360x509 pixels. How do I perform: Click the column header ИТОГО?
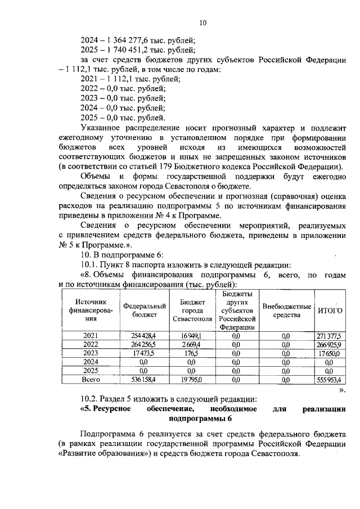(330, 311)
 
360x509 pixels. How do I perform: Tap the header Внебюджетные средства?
(287, 310)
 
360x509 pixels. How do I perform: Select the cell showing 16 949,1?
(191, 336)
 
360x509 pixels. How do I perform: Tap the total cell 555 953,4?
(330, 381)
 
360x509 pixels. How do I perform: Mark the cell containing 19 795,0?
(191, 381)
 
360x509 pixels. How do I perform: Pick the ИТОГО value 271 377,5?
(330, 336)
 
